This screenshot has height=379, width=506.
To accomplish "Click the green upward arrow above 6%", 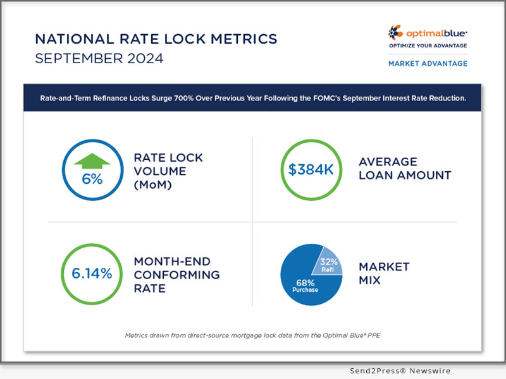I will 92,162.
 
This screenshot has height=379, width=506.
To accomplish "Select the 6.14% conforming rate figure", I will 92,274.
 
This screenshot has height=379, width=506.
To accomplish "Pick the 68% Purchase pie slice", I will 305,287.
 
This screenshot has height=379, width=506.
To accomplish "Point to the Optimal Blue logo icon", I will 395,33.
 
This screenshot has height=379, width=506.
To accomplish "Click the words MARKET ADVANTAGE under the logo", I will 428,63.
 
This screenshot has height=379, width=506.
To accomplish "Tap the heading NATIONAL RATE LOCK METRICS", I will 156,39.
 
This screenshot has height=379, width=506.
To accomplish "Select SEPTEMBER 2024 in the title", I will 99,59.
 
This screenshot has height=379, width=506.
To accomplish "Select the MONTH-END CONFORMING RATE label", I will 176,275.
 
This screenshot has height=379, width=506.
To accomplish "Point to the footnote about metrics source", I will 252,335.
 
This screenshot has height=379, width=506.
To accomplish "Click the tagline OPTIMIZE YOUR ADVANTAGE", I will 428,45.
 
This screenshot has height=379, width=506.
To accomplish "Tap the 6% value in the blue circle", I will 92,179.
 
